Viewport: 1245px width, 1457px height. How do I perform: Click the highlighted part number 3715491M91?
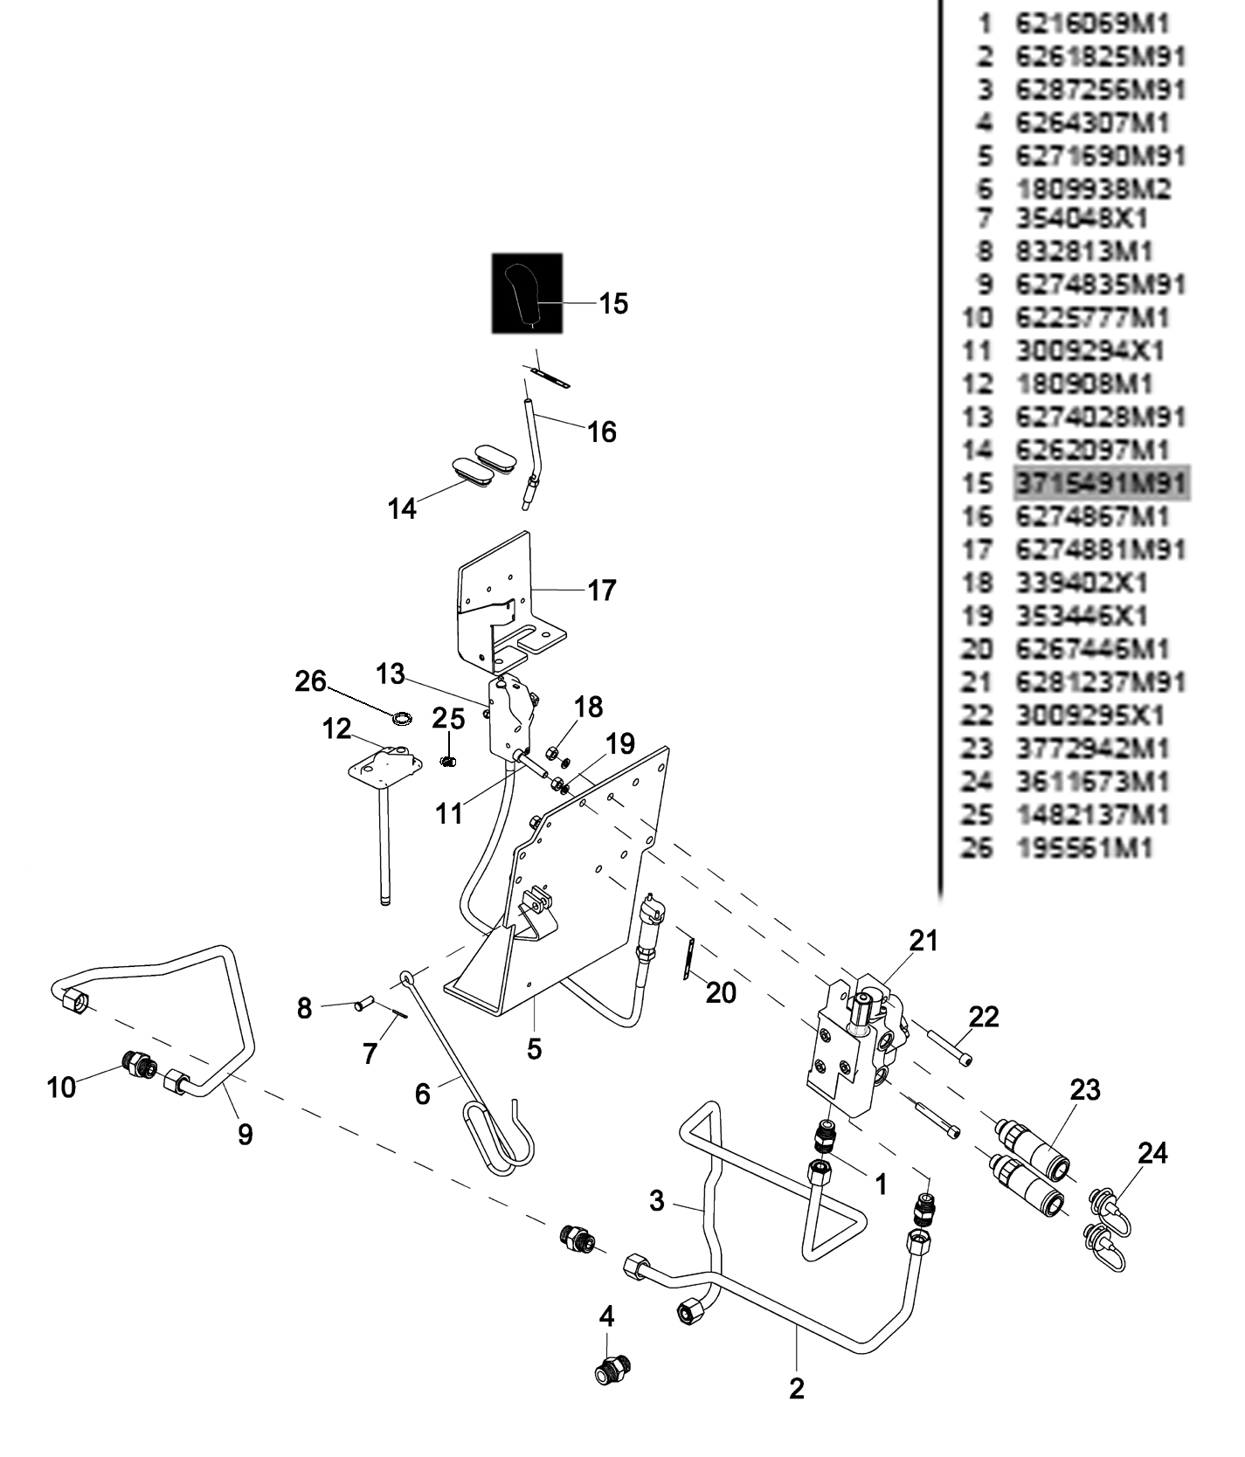1100,483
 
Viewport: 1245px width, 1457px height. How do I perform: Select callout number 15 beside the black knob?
613,304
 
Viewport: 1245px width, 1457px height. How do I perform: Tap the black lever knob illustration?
527,293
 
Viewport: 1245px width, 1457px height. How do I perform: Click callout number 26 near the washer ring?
310,681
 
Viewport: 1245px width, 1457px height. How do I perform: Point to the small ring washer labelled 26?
403,719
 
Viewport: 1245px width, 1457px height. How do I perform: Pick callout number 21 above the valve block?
923,941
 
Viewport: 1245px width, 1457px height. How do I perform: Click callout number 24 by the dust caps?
1152,1153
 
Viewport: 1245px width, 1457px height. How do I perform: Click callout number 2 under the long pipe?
796,1388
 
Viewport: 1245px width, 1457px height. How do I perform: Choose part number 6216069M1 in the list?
1091,24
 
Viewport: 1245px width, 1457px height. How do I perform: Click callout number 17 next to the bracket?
602,590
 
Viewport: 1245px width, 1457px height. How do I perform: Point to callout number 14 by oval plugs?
402,508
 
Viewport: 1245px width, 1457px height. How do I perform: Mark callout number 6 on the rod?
423,1094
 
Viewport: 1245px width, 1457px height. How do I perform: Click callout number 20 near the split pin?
721,992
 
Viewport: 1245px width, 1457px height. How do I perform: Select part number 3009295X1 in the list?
1089,715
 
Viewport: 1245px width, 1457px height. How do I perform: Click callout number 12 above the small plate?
336,728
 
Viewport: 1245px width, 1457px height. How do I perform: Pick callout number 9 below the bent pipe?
246,1134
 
